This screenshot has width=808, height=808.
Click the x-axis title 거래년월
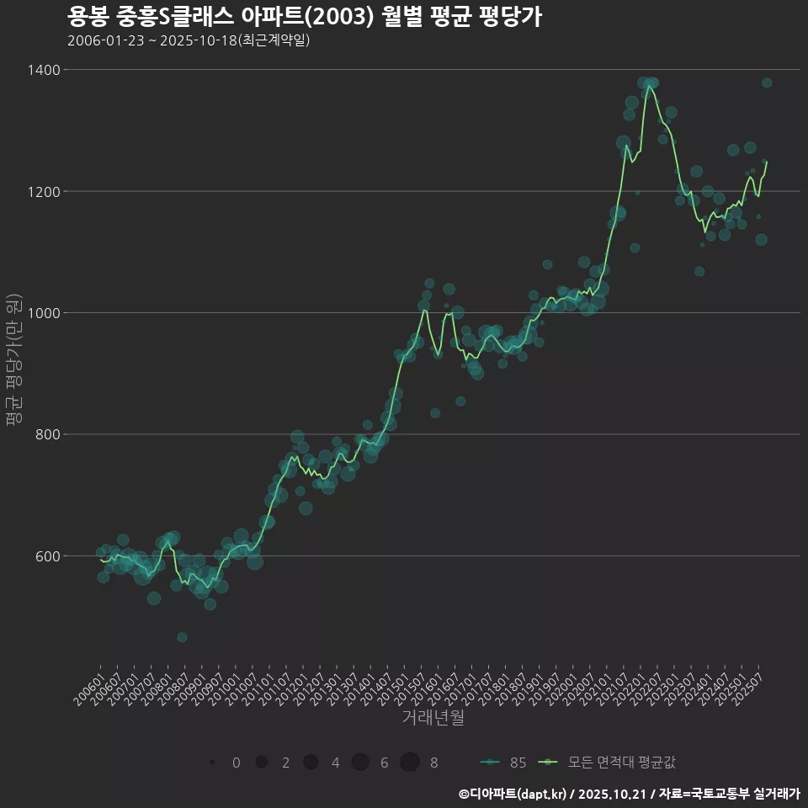pyautogui.click(x=433, y=718)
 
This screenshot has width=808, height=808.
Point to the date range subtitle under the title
pyautogui.click(x=189, y=40)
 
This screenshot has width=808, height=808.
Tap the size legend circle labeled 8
pyautogui.click(x=410, y=763)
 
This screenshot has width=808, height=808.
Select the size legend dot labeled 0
pyautogui.click(x=212, y=763)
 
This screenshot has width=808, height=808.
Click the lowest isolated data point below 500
pyautogui.click(x=182, y=637)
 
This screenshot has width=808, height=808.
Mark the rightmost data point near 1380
pyautogui.click(x=767, y=82)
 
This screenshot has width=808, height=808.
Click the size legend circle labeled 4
pyautogui.click(x=311, y=763)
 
